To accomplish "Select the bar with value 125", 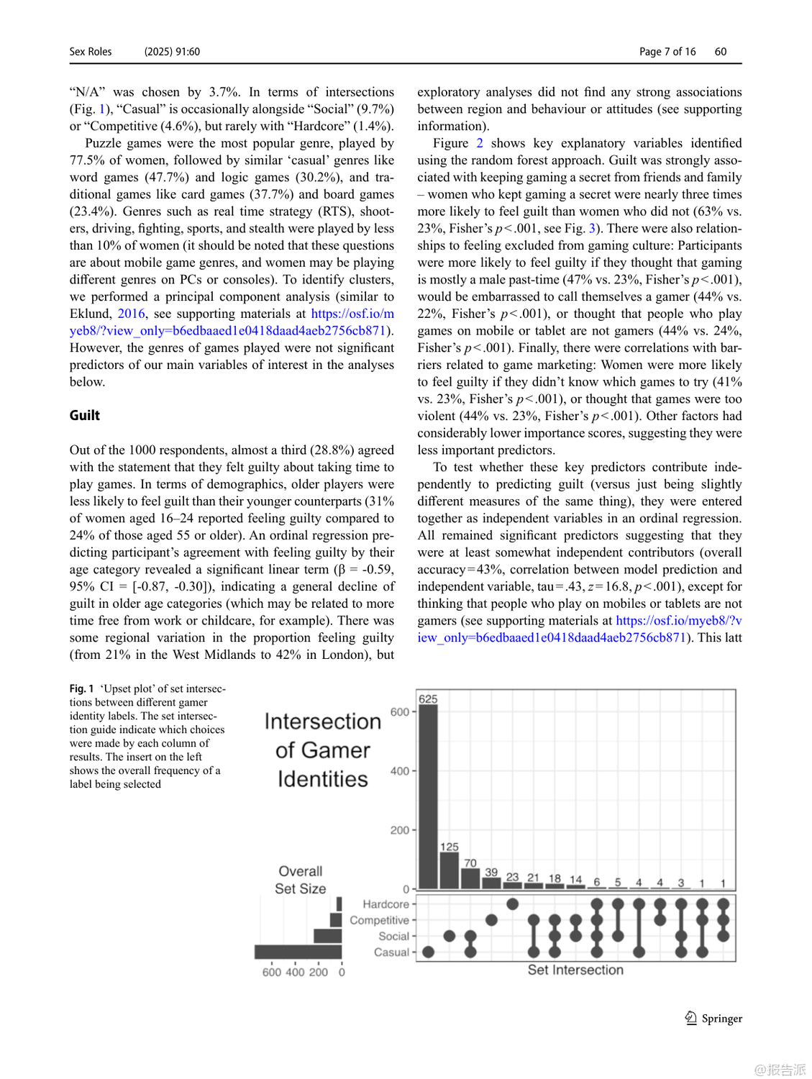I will [449, 870].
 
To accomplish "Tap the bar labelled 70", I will [470, 878].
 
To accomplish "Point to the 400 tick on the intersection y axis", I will [400, 771].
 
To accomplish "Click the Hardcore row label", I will [386, 904].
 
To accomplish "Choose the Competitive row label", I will [379, 920].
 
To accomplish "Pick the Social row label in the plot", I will [393, 936].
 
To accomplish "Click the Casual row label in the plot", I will [391, 952].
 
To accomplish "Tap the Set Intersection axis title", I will [575, 970].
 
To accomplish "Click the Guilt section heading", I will [85, 415].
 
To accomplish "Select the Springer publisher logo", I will [713, 1018].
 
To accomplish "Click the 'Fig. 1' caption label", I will [81, 688].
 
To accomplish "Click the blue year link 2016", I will [131, 314].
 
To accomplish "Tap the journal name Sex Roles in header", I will [91, 52].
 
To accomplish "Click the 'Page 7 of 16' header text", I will [667, 52].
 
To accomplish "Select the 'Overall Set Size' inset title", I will [300, 880].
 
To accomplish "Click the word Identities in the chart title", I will [322, 779].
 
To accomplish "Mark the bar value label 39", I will [491, 872].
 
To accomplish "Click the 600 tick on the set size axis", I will [271, 972].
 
